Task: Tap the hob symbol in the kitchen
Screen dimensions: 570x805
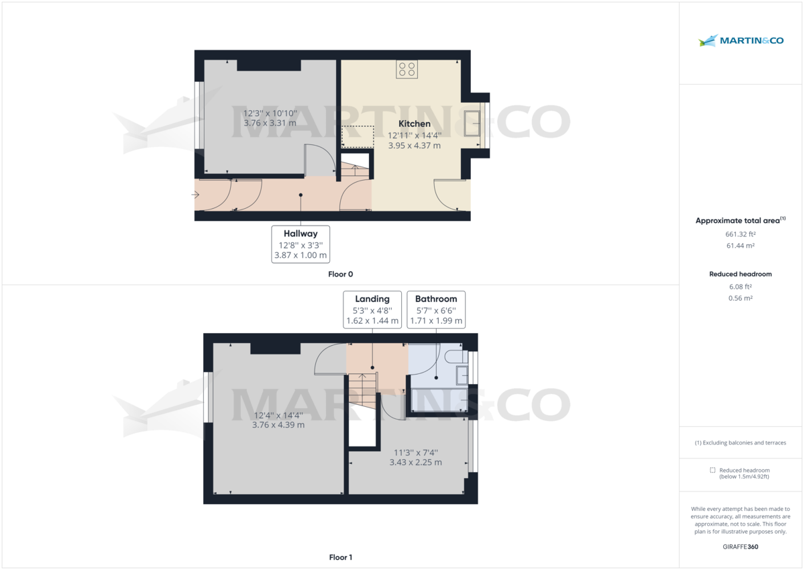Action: [407, 69]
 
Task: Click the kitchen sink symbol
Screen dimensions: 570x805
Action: [472, 124]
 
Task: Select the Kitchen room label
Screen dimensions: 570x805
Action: [415, 124]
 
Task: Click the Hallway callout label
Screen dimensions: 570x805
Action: [301, 234]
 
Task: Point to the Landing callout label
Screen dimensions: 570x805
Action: [372, 299]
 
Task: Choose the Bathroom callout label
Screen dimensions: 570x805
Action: [436, 299]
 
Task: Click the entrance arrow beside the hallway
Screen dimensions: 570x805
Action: [195, 195]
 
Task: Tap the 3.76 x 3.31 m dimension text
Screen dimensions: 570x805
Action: [270, 124]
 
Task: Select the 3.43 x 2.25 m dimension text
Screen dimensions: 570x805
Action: [416, 463]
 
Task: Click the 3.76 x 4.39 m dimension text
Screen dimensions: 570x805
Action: [278, 425]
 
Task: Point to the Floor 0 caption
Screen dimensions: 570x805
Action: [341, 274]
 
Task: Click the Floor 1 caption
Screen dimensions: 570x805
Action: [341, 557]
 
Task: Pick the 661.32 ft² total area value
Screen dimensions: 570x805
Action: [740, 234]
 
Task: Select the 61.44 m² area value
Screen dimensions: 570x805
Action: [740, 246]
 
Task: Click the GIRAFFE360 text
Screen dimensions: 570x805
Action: [740, 547]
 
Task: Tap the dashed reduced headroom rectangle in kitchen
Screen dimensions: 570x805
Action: [358, 136]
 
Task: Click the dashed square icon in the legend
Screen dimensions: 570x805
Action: [713, 470]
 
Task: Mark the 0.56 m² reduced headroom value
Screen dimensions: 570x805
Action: [740, 298]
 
